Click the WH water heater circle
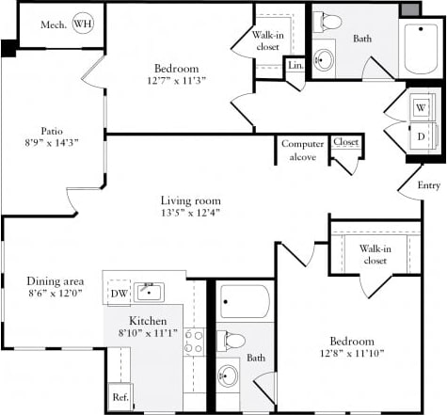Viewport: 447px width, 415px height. pos(83,24)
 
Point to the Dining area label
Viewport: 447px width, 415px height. pos(54,281)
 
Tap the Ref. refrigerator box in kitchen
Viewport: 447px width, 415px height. pos(119,397)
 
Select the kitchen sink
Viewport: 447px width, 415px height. pos(149,292)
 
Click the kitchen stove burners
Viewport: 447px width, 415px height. pos(194,341)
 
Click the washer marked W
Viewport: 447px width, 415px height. pos(420,106)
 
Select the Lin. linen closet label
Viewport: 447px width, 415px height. pos(295,66)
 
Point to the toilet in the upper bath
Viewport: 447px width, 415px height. pos(329,23)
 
